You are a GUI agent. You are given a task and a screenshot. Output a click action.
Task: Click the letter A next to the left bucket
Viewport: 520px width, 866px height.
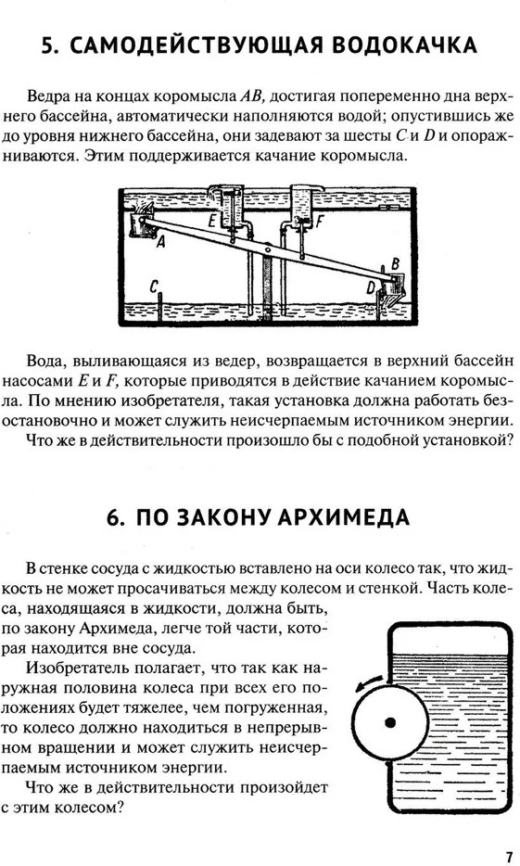(x=161, y=241)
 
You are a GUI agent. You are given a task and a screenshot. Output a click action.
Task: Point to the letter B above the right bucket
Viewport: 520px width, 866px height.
(x=395, y=263)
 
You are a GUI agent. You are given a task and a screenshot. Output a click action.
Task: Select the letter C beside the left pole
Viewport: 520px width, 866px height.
(x=154, y=286)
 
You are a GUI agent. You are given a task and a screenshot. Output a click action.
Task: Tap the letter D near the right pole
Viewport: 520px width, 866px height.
(x=372, y=287)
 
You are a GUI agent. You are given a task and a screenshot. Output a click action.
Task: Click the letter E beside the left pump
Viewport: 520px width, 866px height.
(x=213, y=222)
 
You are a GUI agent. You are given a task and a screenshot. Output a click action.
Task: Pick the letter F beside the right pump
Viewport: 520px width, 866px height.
(x=319, y=222)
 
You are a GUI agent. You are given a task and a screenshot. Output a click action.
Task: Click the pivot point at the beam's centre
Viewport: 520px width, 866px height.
(x=268, y=249)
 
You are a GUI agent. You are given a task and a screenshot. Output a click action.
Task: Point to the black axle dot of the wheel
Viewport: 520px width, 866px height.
(x=390, y=722)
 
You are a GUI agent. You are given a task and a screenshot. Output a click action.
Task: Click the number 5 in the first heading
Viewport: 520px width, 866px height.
(x=50, y=45)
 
